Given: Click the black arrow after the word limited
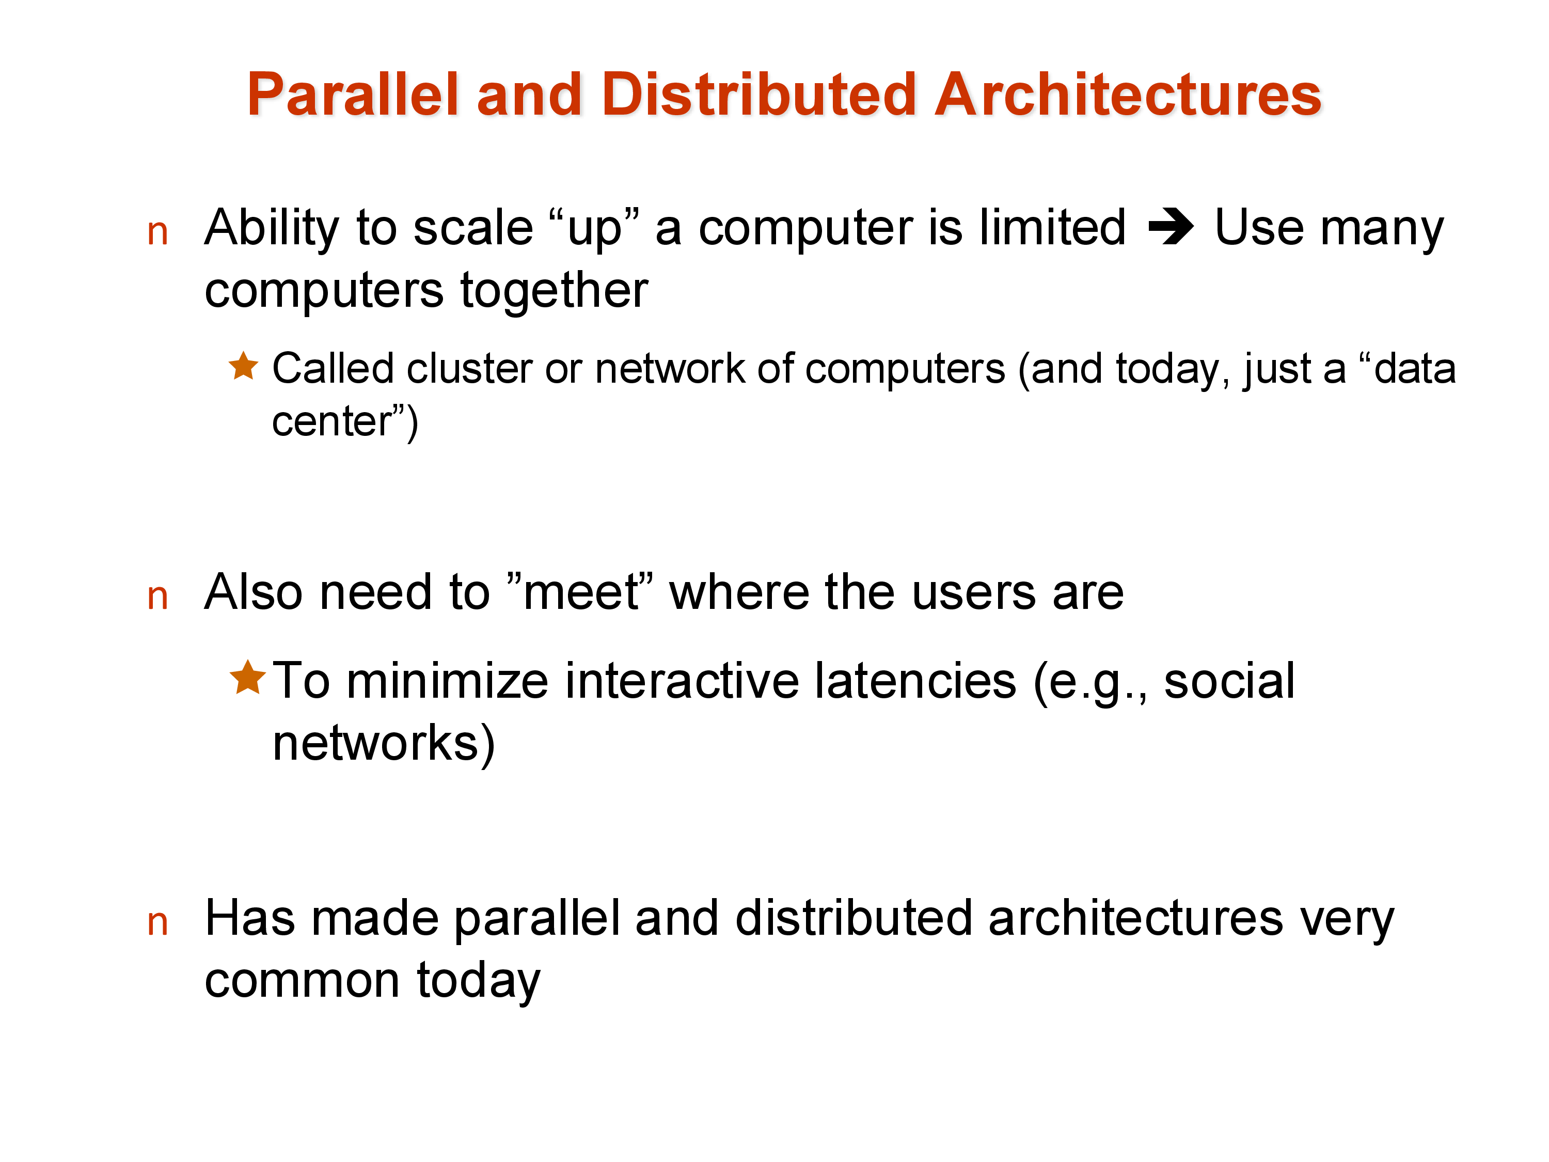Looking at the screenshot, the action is coord(1171,228).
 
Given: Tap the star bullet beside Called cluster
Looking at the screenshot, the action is coord(244,366).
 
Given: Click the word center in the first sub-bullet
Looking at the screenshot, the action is coord(332,422).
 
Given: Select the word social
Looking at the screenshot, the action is coord(1229,681).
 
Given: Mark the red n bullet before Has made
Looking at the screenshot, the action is coord(157,923).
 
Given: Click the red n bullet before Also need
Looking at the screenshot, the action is coord(157,598).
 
